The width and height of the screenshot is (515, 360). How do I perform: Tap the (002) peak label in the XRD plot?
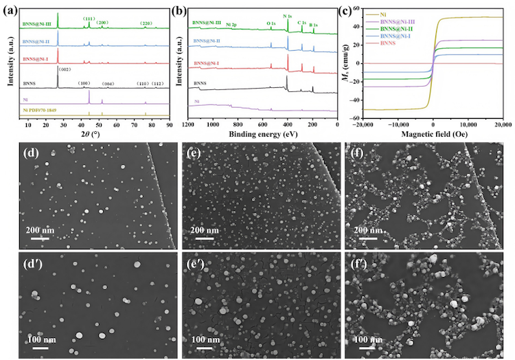pos(65,69)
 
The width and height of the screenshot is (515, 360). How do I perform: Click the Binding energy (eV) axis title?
pos(262,135)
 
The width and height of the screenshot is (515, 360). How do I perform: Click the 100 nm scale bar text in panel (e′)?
pos(206,339)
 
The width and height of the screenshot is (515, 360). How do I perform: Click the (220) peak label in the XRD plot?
pos(146,23)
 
